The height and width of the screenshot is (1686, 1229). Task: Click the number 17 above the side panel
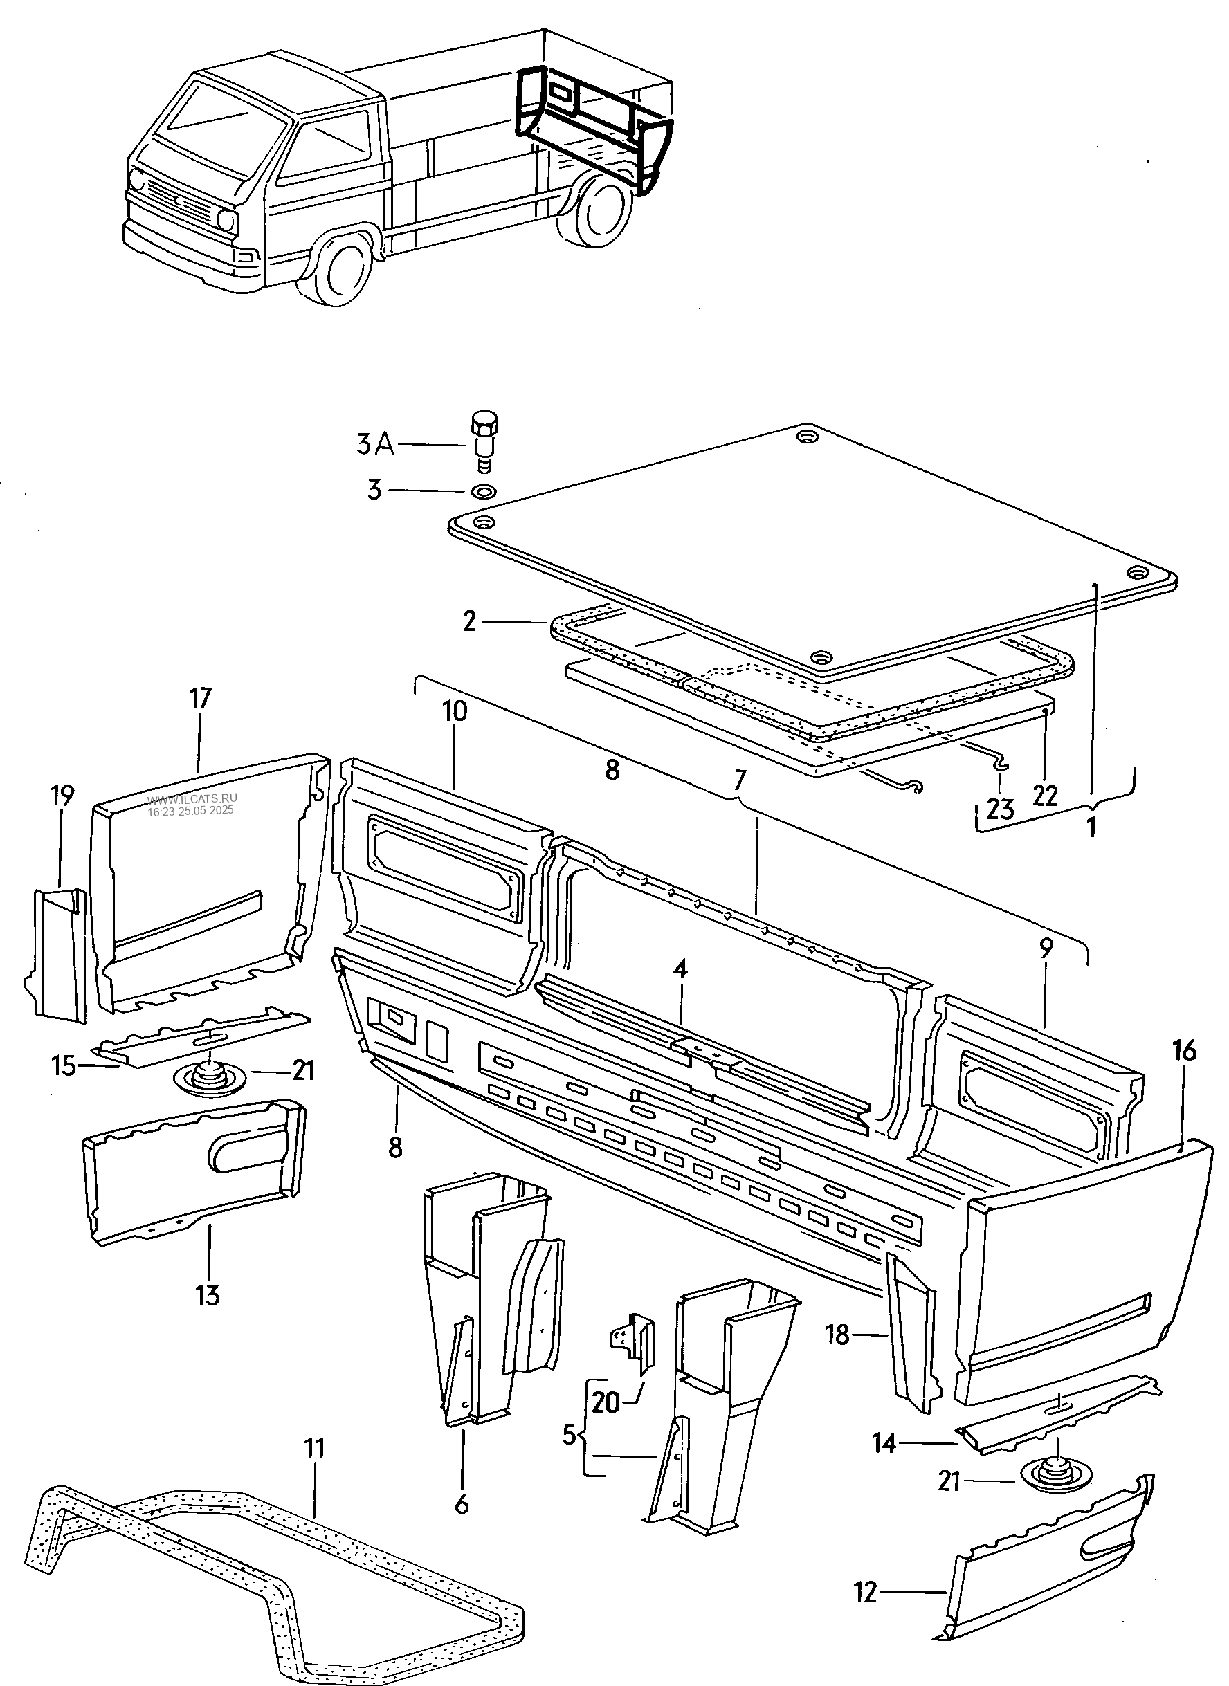[x=200, y=699]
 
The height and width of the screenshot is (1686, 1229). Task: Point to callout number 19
[x=63, y=796]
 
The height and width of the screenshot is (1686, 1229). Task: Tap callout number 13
[x=209, y=1296]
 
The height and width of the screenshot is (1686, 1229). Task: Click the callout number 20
[x=606, y=1402]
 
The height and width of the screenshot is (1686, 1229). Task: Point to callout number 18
[x=837, y=1335]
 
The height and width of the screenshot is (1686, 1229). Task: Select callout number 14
[x=884, y=1444]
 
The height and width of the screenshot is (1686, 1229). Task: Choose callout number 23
[x=1001, y=809]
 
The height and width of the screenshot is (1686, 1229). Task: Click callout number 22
[x=1045, y=796]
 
